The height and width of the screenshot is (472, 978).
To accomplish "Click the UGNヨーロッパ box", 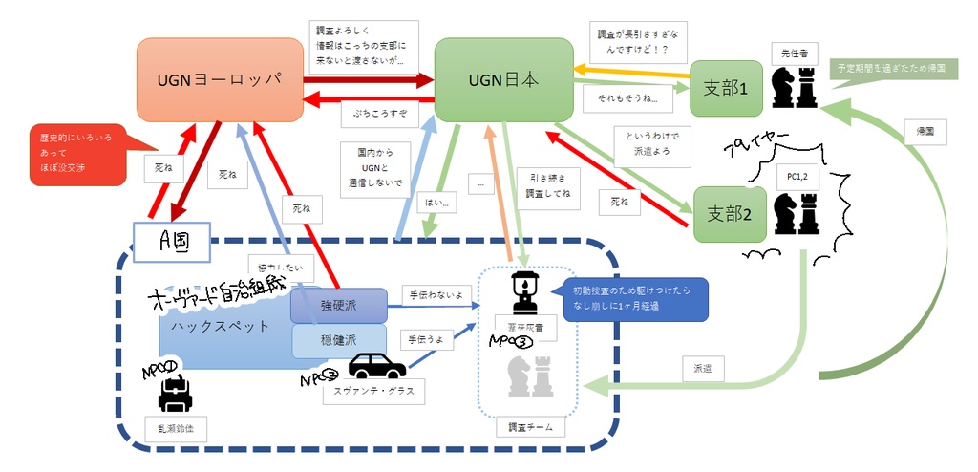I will pos(220,78).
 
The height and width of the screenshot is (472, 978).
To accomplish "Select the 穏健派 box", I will pos(338,339).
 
